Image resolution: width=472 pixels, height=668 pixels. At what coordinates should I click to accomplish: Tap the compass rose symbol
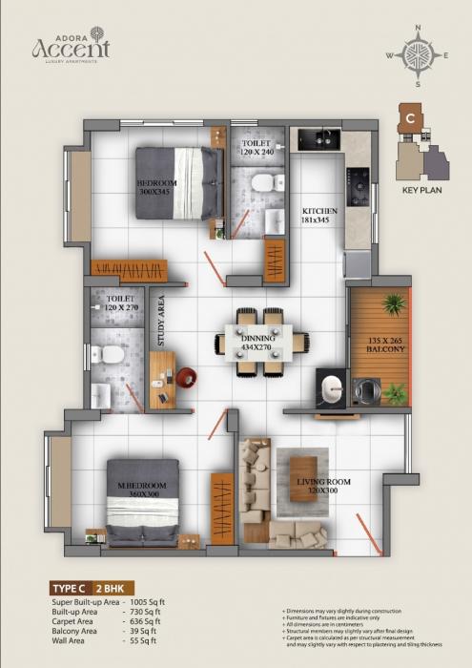click(417, 54)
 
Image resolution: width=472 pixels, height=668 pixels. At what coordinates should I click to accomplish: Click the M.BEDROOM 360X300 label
click(140, 491)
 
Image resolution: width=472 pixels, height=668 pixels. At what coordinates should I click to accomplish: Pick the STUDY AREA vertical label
click(161, 321)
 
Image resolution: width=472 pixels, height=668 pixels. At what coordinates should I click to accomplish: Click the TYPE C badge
click(71, 590)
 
